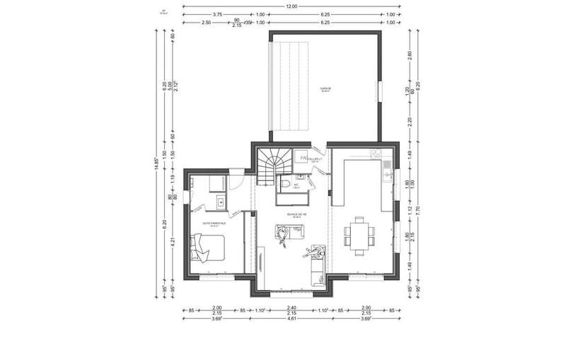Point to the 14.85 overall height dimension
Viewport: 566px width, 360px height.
156,163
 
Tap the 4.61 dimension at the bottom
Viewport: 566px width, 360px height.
291,320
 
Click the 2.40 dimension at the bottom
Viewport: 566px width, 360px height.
291,308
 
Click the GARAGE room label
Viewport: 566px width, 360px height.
325,89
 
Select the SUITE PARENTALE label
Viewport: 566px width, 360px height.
214,223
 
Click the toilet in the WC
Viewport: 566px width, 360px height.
284,184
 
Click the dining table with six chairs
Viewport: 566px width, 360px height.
360,233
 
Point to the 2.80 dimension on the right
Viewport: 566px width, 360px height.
409,54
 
